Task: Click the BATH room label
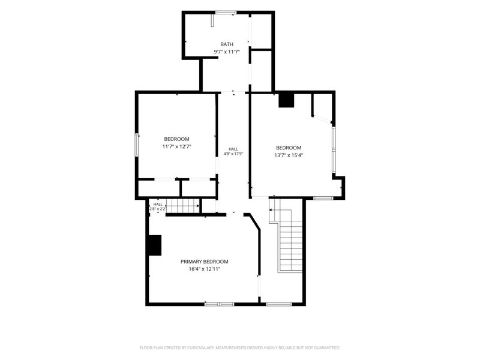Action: click(x=227, y=44)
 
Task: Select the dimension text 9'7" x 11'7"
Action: click(x=227, y=52)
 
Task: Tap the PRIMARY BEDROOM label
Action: click(x=204, y=262)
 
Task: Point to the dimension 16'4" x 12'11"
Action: click(x=204, y=269)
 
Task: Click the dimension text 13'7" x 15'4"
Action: click(x=289, y=155)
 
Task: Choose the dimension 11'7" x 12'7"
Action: click(x=176, y=146)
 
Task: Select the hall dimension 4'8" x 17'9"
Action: click(x=233, y=154)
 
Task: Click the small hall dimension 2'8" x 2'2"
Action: click(x=158, y=209)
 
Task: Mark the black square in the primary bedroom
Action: click(x=155, y=245)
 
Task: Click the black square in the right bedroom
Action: click(x=286, y=100)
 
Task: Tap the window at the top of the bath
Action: click(x=226, y=13)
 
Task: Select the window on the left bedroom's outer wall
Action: click(x=137, y=145)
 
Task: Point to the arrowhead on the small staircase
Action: click(x=198, y=206)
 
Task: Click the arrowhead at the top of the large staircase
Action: click(x=271, y=210)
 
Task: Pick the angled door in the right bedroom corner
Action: click(x=322, y=119)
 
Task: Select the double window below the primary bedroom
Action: click(x=219, y=304)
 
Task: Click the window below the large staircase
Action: click(x=278, y=304)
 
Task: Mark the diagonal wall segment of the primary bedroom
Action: click(x=254, y=221)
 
